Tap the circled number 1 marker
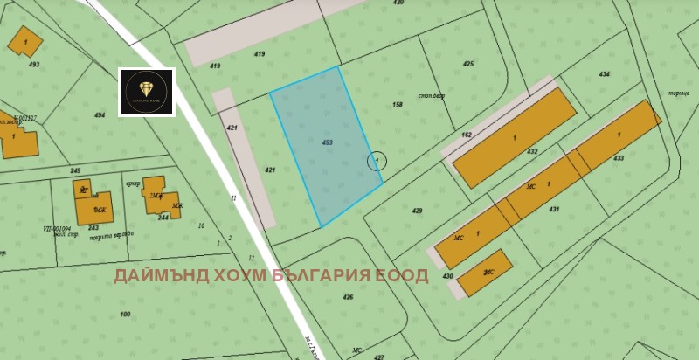point(377,162)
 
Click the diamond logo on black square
point(147,92)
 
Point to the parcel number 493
point(34,64)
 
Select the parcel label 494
point(100,114)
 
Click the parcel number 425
point(468,64)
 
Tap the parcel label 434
point(605,74)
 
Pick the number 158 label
point(398,105)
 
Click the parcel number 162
point(466,135)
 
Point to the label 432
point(532,151)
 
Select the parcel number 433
point(619,158)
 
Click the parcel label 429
point(417,211)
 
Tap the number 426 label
point(348,297)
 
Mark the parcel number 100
point(125,314)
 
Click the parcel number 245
point(75,170)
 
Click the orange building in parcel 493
point(25,41)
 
